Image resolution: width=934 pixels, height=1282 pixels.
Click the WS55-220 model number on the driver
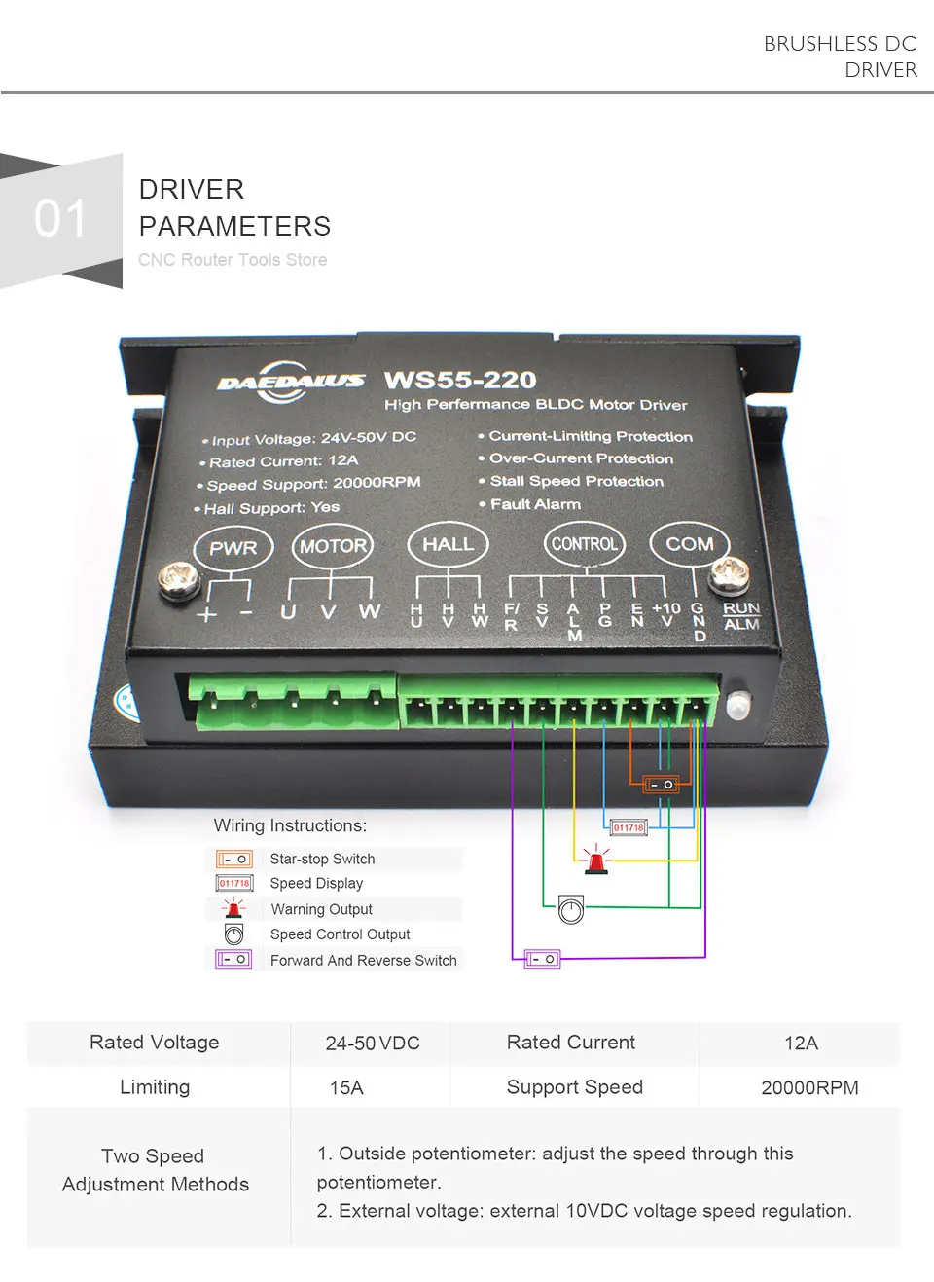(x=460, y=380)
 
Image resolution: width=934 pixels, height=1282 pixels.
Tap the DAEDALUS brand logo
(x=290, y=382)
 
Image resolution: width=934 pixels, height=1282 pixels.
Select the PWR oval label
(x=233, y=548)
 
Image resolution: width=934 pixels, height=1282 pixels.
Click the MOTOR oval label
(x=333, y=546)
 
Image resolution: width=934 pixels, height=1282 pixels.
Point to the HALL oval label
(x=448, y=544)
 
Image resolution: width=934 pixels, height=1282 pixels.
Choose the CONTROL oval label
(x=584, y=544)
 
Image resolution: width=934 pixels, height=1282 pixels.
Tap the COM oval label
(x=689, y=544)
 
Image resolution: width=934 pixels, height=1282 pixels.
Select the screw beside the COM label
(x=729, y=574)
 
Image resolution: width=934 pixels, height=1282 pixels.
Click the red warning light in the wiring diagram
(x=595, y=861)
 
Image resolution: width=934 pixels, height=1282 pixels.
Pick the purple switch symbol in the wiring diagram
(x=542, y=959)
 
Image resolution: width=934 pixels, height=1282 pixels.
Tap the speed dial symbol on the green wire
(x=571, y=910)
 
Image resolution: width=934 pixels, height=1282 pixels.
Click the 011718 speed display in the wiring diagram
(x=629, y=827)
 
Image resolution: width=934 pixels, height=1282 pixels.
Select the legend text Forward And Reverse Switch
(x=363, y=960)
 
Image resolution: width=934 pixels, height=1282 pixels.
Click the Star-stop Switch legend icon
(x=234, y=859)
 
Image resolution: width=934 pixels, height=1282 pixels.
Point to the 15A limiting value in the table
(x=346, y=1087)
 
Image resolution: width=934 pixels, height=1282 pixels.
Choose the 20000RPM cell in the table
(x=809, y=1087)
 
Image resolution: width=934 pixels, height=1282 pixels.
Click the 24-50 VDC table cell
(x=373, y=1044)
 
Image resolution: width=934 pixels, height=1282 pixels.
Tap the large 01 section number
(x=60, y=218)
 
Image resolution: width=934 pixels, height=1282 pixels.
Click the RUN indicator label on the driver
(x=740, y=607)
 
